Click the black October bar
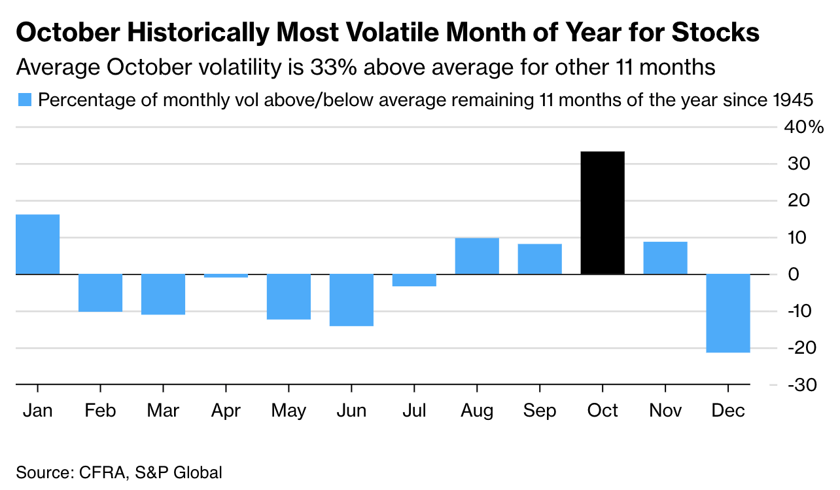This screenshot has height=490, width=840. click(603, 213)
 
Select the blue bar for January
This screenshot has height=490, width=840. click(38, 244)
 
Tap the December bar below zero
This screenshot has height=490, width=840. click(728, 313)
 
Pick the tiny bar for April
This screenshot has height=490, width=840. click(226, 276)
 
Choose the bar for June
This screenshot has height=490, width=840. click(351, 300)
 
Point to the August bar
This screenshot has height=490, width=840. click(477, 256)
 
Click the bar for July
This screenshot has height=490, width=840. click(414, 280)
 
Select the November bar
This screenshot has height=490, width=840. click(665, 258)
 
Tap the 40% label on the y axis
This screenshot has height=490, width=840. click(803, 127)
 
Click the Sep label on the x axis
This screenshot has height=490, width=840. click(540, 411)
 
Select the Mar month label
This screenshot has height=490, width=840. click(163, 411)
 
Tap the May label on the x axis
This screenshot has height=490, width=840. click(288, 411)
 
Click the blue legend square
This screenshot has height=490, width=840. click(24, 100)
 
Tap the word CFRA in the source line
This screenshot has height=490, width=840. click(99, 472)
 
